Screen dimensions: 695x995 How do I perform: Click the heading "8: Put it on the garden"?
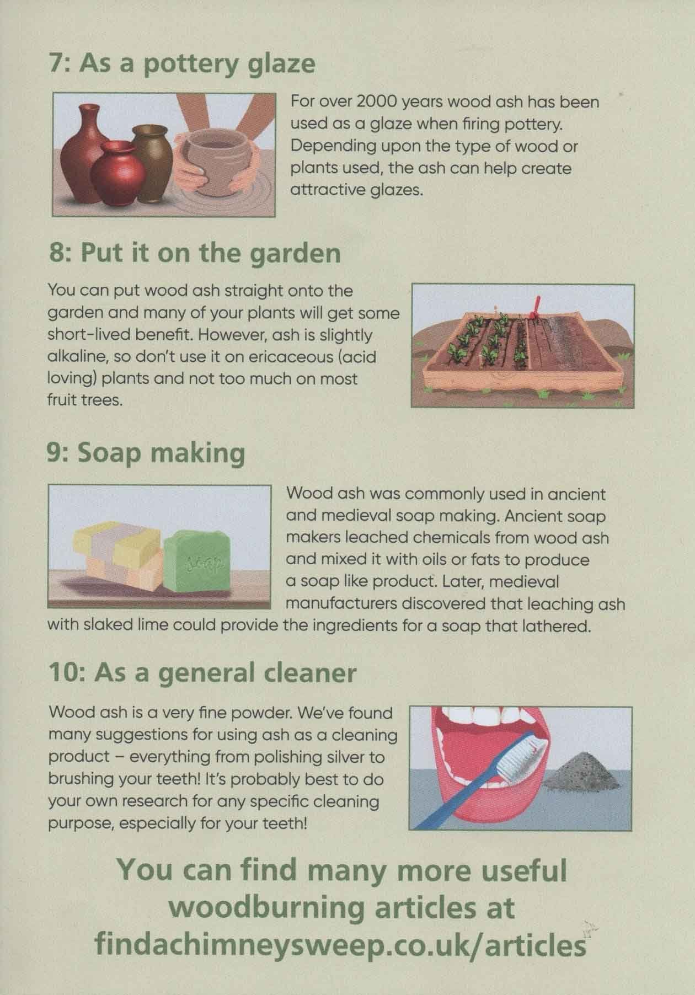(194, 254)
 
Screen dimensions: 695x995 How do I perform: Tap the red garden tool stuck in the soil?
(533, 307)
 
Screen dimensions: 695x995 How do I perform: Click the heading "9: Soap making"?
(147, 454)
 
